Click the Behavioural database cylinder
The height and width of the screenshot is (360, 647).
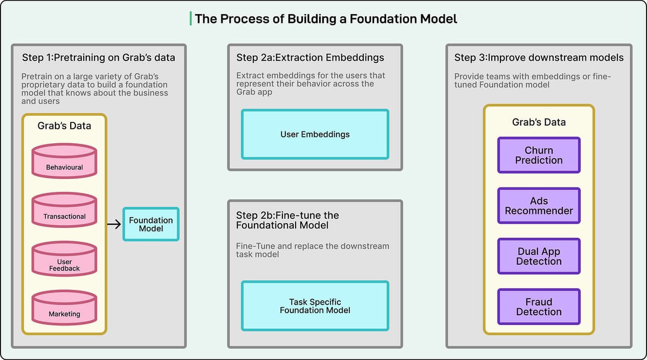click(x=64, y=162)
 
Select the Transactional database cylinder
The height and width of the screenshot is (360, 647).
click(x=64, y=211)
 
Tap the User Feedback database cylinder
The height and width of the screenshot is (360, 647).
click(x=64, y=260)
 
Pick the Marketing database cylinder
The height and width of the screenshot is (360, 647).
click(x=64, y=308)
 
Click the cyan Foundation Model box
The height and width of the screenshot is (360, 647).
click(x=151, y=224)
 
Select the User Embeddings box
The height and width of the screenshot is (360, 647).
click(x=315, y=134)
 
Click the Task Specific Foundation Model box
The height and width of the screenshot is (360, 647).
click(x=315, y=306)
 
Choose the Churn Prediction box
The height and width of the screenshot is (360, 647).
click(x=539, y=155)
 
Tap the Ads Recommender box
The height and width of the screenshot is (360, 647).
click(x=539, y=206)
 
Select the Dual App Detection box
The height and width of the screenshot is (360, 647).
click(x=539, y=257)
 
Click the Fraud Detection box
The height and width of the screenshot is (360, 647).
click(x=539, y=307)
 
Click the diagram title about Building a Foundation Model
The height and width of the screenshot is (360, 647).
click(x=326, y=19)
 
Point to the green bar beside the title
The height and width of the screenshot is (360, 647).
click(x=190, y=19)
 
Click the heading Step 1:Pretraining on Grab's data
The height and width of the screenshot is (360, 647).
click(x=98, y=58)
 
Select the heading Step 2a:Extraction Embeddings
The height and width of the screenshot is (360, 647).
click(x=310, y=58)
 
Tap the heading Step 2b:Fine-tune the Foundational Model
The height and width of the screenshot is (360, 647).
click(x=287, y=220)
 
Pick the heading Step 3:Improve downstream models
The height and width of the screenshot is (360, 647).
click(x=539, y=58)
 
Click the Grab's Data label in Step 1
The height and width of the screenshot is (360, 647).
click(x=64, y=126)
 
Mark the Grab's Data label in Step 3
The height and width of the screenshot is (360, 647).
click(x=539, y=122)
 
